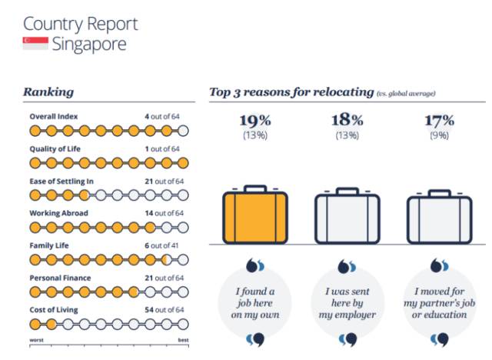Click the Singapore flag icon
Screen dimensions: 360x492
pos(35,44)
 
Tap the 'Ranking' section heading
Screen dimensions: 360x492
pos(48,92)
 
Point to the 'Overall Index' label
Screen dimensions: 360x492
pos(53,116)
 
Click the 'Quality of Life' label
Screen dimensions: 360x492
pos(55,148)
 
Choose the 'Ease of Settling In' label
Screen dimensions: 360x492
pos(61,181)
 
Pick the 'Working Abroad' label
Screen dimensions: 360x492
pos(58,213)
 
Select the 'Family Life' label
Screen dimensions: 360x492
pos(49,245)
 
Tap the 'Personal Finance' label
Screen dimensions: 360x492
pos(60,277)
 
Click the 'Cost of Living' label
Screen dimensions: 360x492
pos(54,309)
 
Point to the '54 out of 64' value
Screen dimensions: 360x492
pos(164,309)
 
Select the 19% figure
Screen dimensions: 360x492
pos(255,121)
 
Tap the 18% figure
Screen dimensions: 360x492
pos(347,121)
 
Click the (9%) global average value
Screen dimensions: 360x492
pos(439,136)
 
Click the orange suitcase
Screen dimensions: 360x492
pos(254,215)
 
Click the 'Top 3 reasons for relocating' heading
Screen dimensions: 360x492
pos(291,92)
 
